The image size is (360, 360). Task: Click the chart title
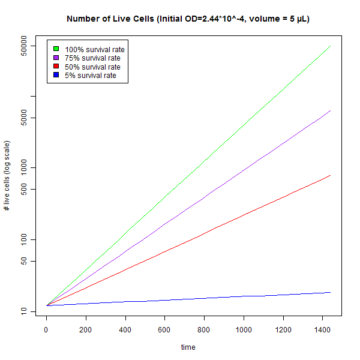[x=188, y=19]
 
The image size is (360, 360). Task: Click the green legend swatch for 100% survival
[x=56, y=49]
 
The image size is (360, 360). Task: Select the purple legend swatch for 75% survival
[x=56, y=58]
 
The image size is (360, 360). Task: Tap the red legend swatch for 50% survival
[x=56, y=67]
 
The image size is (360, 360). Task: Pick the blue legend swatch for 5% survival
[x=56, y=76]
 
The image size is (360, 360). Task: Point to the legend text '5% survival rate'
[x=91, y=76]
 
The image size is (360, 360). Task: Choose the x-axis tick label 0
[x=46, y=329]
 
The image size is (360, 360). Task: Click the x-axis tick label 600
[x=164, y=329]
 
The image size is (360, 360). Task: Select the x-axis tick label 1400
[x=322, y=329]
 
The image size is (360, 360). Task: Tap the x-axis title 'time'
[x=188, y=347]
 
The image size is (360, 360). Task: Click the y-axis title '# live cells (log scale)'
[x=7, y=176]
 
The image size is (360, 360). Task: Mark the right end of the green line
[x=330, y=46]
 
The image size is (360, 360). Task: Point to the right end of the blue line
[x=330, y=292]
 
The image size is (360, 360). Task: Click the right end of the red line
[x=330, y=175]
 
